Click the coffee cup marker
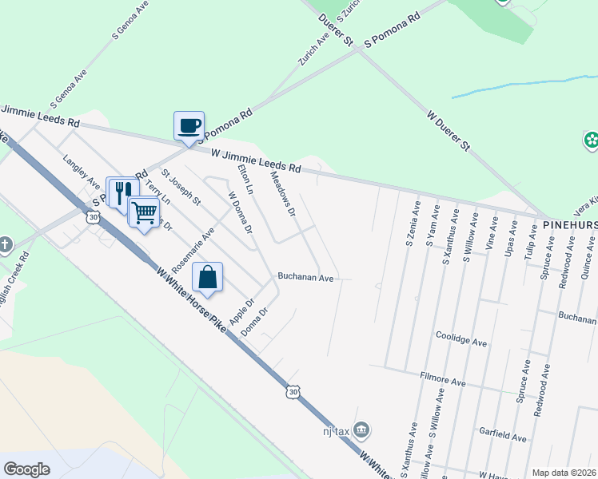pos(189,126)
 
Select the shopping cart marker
pos(144,212)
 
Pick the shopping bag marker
pos(207,278)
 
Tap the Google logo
pos(27,469)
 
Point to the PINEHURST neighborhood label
pos(570,226)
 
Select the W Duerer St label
pos(448,131)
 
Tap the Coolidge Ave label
pos(460,342)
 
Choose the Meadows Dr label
pos(283,195)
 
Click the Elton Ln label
pos(245,180)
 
